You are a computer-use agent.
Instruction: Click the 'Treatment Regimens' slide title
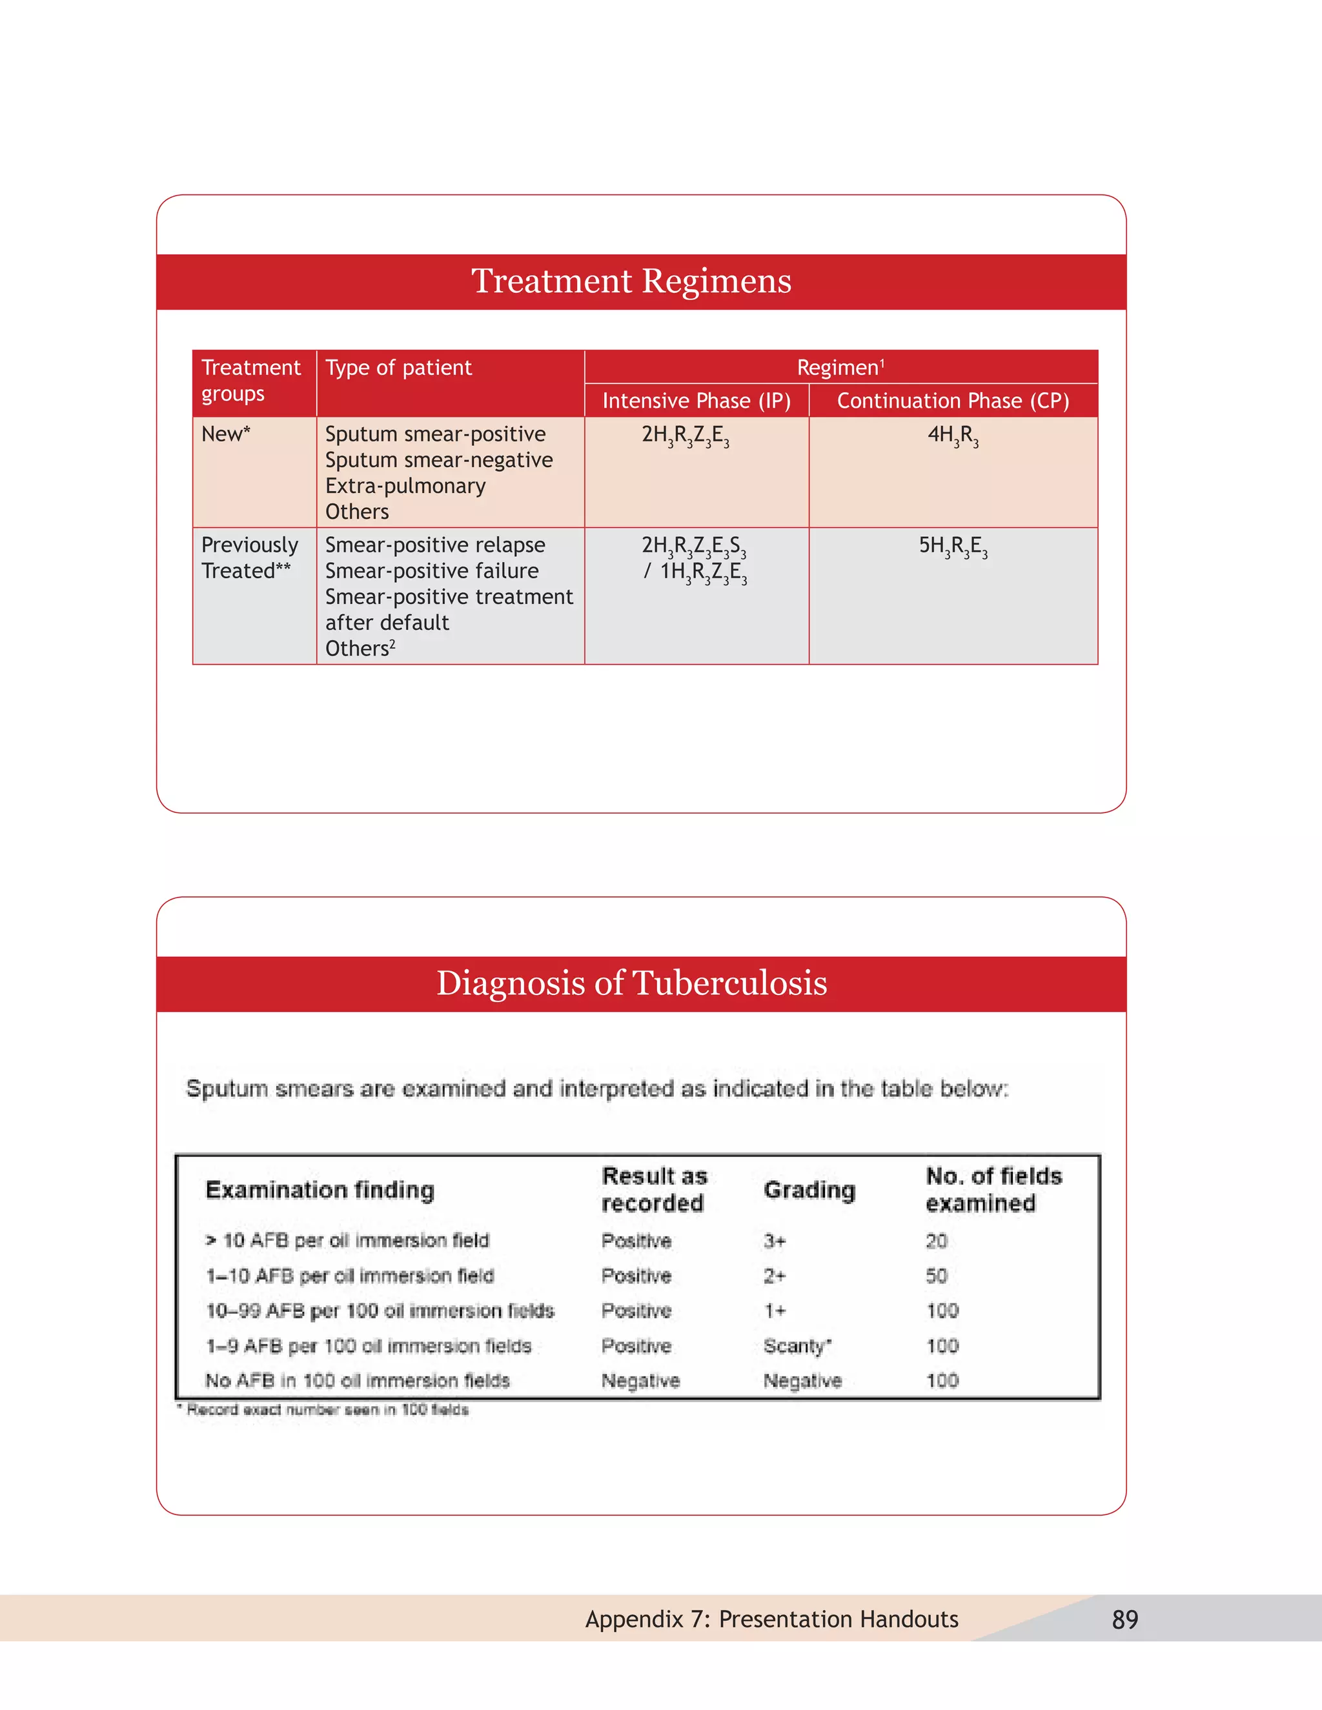pyautogui.click(x=631, y=281)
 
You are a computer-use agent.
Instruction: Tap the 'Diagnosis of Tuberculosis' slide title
pyautogui.click(x=631, y=983)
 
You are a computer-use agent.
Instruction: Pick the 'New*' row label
pyautogui.click(x=225, y=434)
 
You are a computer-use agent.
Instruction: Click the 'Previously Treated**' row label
pyautogui.click(x=249, y=558)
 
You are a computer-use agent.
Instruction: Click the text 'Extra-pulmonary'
pyautogui.click(x=405, y=487)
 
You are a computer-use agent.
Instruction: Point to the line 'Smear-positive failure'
pyautogui.click(x=432, y=571)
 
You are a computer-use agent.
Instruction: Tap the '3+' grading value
pyautogui.click(x=774, y=1241)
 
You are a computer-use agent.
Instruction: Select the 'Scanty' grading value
pyautogui.click(x=796, y=1346)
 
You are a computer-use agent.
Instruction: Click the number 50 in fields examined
pyautogui.click(x=936, y=1276)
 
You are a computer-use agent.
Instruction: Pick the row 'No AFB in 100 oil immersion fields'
pyautogui.click(x=357, y=1380)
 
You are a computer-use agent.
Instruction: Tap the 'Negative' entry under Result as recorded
pyautogui.click(x=640, y=1380)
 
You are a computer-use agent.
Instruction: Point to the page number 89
pyautogui.click(x=1124, y=1620)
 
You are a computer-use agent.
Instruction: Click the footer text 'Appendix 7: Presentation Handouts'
pyautogui.click(x=771, y=1619)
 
